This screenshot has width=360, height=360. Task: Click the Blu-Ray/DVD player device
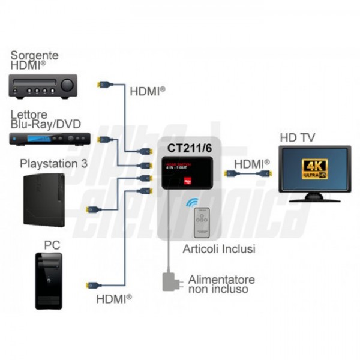click(50, 139)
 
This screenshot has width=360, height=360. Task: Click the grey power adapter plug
click(170, 281)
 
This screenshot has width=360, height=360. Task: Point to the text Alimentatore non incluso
click(221, 284)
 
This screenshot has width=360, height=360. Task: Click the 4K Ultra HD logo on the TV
click(313, 169)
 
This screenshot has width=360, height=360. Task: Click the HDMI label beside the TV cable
click(251, 163)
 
